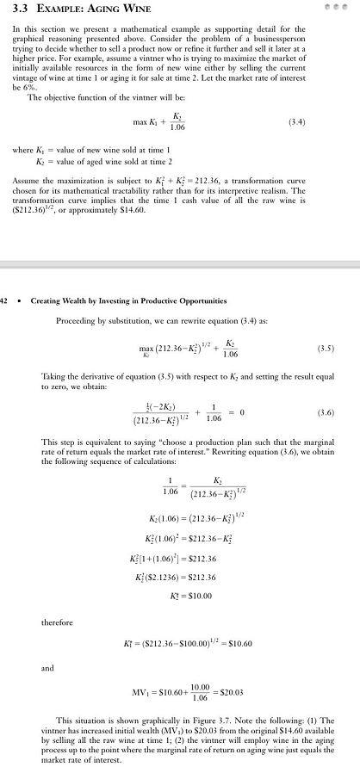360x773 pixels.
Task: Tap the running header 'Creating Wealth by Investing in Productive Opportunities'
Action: pos(128,301)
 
